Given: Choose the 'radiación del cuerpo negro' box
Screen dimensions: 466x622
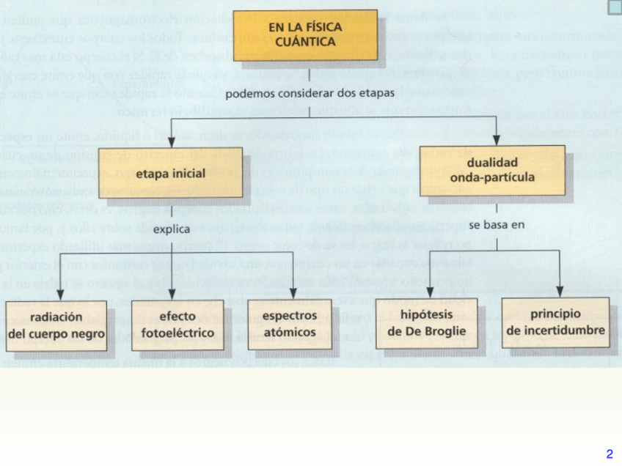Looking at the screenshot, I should (x=56, y=325).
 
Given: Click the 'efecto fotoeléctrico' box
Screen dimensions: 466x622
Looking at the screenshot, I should (x=177, y=325).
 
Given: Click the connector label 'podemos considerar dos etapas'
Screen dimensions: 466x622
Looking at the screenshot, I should (x=310, y=94).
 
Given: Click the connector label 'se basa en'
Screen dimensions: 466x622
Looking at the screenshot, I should (x=497, y=224).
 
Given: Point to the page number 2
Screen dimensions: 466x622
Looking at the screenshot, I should (x=610, y=454).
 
